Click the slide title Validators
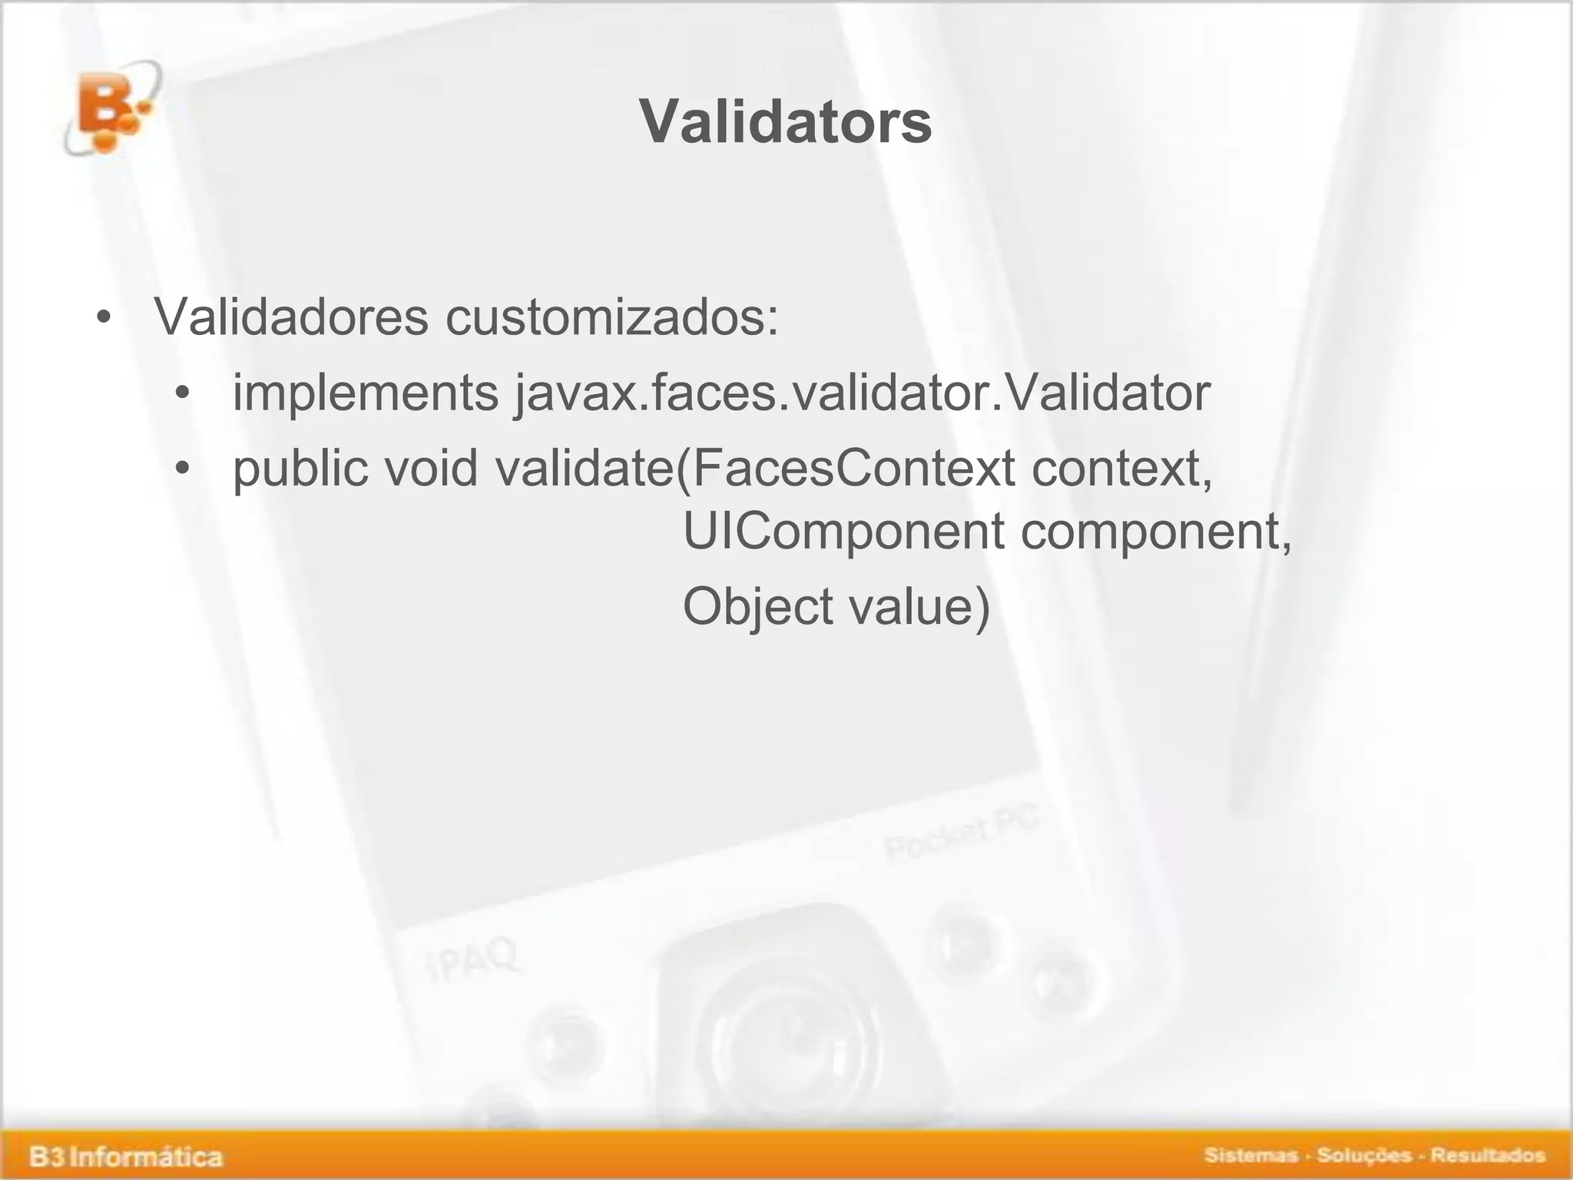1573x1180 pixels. tap(785, 122)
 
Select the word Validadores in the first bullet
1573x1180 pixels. tap(291, 316)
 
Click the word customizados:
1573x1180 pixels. tap(612, 316)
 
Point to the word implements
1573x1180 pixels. tap(366, 393)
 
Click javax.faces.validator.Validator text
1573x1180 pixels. tap(862, 393)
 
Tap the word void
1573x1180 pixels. tap(431, 468)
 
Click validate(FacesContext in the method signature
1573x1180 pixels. tap(755, 468)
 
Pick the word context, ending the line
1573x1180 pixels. tap(1122, 468)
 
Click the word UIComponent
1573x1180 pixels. tap(843, 531)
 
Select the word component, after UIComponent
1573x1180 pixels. tap(1157, 531)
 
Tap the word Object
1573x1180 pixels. tap(757, 606)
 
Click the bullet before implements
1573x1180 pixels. tap(182, 394)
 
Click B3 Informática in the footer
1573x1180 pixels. tap(126, 1156)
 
